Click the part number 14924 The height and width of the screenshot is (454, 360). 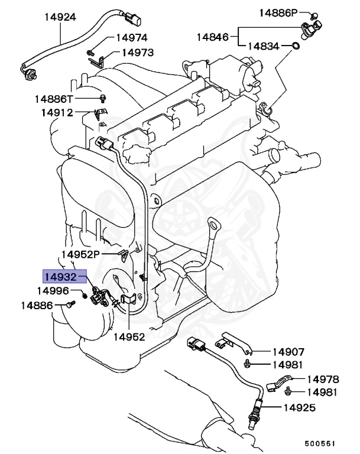tap(60, 17)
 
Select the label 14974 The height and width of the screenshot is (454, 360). tap(131, 37)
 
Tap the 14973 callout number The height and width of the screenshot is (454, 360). tap(137, 52)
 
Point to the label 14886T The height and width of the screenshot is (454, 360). tap(54, 98)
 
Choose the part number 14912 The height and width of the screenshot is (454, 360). tap(57, 112)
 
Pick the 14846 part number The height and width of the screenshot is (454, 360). tap(212, 37)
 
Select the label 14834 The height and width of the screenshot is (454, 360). tap(263, 46)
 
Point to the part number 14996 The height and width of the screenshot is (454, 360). tap(53, 291)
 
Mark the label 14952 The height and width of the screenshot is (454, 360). tap(129, 337)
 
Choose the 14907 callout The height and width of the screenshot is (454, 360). tap(288, 351)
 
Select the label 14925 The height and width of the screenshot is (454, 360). tap(299, 407)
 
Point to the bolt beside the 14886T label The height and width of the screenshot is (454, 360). tap(105, 98)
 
